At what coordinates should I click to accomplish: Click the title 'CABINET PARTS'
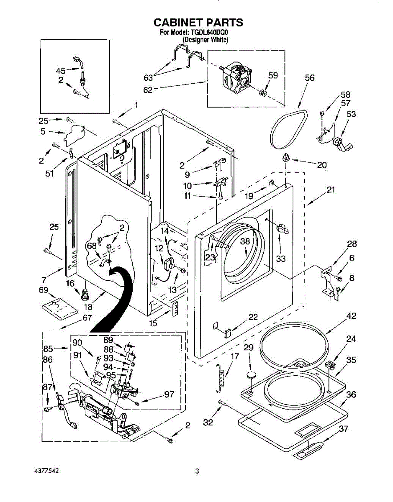coord(198,22)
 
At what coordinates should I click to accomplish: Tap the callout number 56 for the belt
coord(309,78)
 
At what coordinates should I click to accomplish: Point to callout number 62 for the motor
coord(148,90)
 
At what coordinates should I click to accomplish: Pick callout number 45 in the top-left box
coord(61,71)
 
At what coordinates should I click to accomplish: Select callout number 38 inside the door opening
coord(245,241)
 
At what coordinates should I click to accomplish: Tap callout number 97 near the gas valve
coord(169,394)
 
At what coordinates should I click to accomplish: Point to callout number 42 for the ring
coord(351,316)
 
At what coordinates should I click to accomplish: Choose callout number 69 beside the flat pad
coord(43,290)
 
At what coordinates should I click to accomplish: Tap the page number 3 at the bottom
coord(197,471)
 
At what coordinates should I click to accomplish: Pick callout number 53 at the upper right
coord(351,114)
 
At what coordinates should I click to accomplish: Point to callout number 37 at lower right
coord(343,428)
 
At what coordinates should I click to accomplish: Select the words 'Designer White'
coord(205,40)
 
